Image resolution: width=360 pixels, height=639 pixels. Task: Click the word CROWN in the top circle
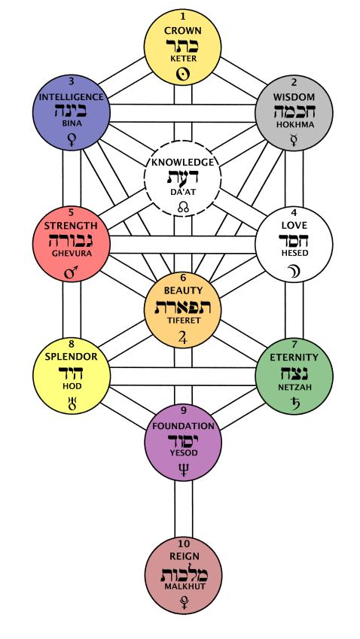(183, 31)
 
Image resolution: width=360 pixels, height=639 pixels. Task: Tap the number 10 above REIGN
(183, 543)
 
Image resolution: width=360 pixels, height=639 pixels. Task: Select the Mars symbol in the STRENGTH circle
(72, 272)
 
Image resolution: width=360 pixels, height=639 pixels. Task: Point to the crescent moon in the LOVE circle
(294, 271)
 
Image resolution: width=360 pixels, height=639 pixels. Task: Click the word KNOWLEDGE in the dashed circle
(183, 162)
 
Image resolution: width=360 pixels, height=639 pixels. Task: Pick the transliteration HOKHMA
(294, 125)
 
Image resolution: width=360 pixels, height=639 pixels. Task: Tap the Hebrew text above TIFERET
(182, 306)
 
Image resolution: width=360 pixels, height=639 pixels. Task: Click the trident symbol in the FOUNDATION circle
(183, 469)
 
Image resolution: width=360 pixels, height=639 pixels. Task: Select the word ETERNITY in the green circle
(294, 358)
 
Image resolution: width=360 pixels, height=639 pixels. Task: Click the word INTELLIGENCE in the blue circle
(72, 97)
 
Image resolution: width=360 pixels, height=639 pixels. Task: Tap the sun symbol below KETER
(183, 75)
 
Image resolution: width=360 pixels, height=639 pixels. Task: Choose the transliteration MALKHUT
(183, 586)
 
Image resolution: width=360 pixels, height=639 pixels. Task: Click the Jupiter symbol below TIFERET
(183, 338)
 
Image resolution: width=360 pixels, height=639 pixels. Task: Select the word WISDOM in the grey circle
(294, 97)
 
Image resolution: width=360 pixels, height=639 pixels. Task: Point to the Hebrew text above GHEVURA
(72, 240)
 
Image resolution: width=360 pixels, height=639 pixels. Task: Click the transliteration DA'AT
(182, 191)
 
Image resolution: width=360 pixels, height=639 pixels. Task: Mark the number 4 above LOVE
(294, 213)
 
